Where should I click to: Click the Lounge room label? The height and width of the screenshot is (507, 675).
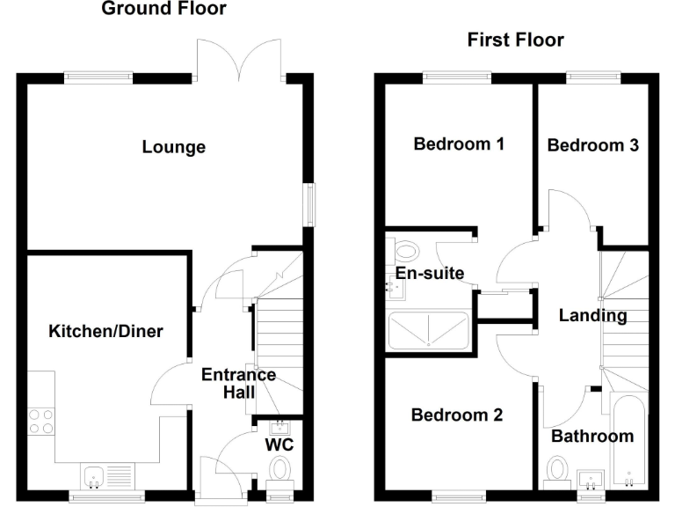174,147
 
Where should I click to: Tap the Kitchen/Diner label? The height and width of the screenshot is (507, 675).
105,331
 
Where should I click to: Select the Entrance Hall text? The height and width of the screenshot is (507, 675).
238,384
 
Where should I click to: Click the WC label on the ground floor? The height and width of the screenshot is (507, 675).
279,445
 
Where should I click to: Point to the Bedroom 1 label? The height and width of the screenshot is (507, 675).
459,144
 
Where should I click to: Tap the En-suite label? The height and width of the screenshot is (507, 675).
429,274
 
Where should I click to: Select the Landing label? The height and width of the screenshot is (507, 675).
592,315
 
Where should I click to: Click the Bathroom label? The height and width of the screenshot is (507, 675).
592,436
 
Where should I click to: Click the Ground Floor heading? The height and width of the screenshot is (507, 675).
163,10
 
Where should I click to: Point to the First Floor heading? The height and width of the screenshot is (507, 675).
515,40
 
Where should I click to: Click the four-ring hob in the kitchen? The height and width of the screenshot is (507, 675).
40,420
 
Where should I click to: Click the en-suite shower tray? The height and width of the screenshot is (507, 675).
429,330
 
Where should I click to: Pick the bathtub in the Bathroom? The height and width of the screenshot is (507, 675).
630,440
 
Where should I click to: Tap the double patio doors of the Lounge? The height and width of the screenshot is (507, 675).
240,60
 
